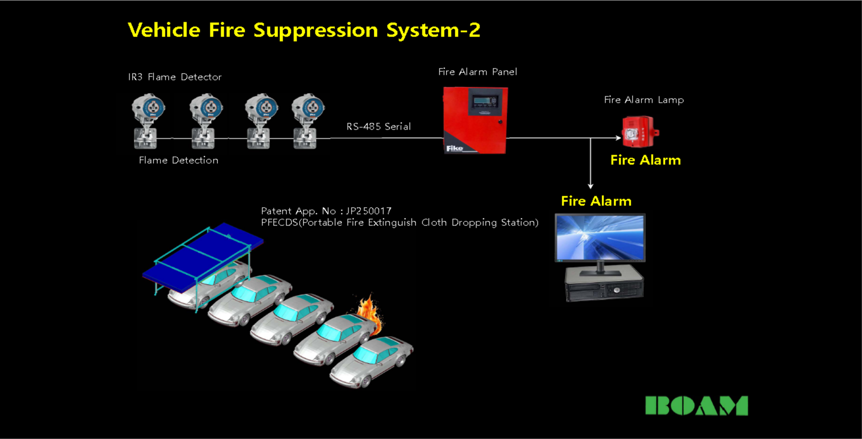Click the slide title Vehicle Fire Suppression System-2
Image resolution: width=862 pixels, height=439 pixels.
coord(304,30)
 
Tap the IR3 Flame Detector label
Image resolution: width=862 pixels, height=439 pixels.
coord(175,77)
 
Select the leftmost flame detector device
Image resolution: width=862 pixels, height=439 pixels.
coord(148,121)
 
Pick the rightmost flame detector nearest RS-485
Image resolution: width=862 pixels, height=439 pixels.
coord(308,121)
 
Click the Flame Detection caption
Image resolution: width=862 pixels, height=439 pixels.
coord(178,160)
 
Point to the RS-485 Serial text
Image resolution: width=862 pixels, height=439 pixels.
coord(378,127)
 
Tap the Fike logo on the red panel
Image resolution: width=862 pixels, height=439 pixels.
coord(455,148)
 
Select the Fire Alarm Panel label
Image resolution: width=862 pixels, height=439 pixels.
coord(478,72)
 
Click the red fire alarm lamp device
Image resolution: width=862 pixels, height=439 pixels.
coord(639,132)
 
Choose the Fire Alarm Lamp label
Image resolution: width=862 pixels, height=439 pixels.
coord(644,100)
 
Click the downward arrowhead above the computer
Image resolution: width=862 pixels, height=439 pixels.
coord(591,186)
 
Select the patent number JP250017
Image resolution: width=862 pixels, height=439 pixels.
coord(369,211)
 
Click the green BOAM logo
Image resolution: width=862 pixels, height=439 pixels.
coord(697,406)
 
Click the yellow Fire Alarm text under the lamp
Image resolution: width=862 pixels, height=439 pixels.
coord(645,160)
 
